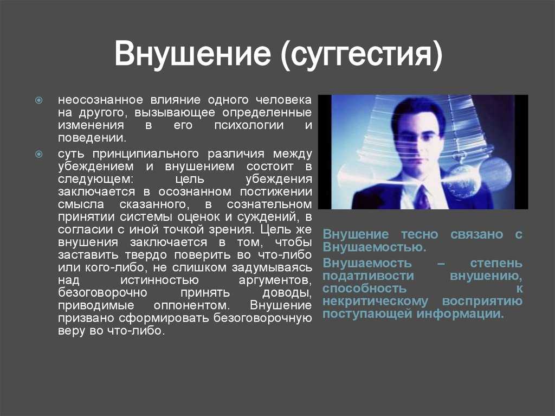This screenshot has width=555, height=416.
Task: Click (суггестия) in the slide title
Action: click(361, 55)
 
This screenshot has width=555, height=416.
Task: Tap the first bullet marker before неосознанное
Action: click(39, 100)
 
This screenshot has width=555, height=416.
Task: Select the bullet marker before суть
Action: click(39, 154)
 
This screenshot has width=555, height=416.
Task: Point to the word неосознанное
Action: click(100, 100)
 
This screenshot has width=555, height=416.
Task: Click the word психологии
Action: click(249, 125)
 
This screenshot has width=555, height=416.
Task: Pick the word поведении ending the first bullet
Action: click(92, 138)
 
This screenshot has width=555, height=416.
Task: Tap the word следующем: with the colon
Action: click(96, 180)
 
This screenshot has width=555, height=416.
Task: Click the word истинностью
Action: click(160, 280)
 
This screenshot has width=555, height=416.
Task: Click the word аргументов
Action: click(275, 280)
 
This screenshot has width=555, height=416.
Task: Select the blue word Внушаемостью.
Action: click(375, 247)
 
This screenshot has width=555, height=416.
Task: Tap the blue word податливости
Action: click(368, 276)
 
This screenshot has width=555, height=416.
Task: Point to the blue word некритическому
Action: click(376, 301)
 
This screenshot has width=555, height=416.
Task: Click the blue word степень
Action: click(496, 263)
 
